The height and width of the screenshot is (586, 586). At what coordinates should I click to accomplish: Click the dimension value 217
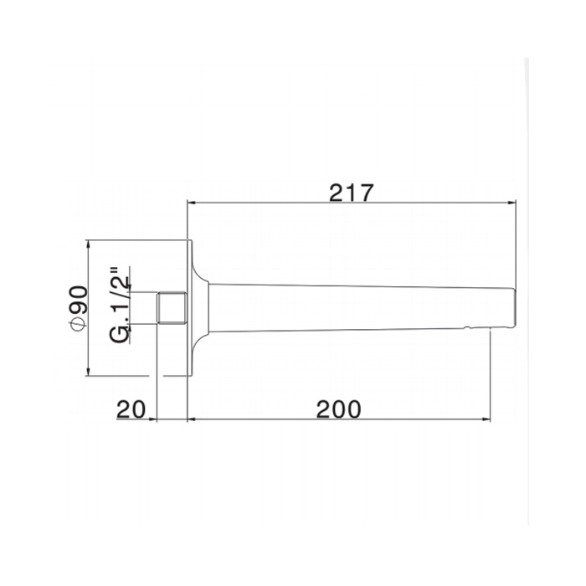click(x=351, y=193)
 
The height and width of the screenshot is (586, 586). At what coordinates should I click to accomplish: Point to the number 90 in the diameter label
click(x=79, y=300)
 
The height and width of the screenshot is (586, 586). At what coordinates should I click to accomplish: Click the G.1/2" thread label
click(x=120, y=305)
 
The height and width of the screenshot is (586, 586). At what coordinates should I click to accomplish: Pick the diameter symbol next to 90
click(x=79, y=323)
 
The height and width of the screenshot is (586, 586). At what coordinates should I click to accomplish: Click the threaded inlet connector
click(x=172, y=307)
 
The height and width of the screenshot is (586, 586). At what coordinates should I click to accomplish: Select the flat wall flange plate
click(x=189, y=308)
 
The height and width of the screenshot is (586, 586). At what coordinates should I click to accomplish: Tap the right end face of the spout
click(x=515, y=308)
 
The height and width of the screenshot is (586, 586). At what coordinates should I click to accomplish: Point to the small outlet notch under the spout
click(x=467, y=329)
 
